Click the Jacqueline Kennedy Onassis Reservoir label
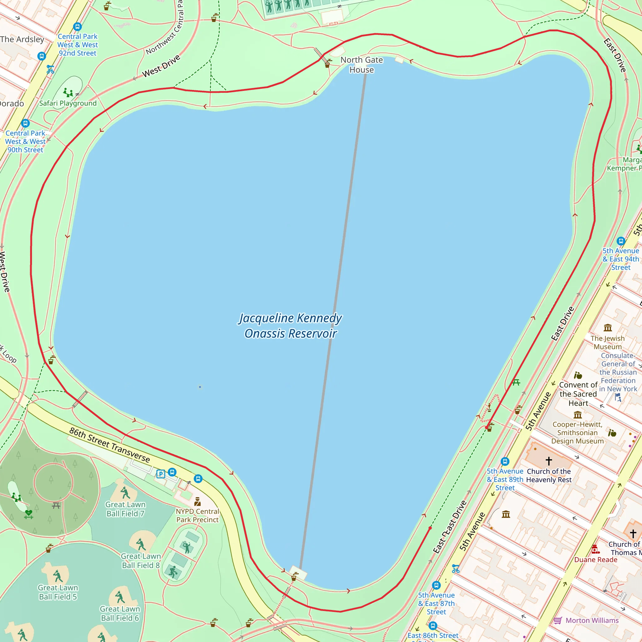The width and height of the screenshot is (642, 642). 290,326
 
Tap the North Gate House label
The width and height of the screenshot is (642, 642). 361,65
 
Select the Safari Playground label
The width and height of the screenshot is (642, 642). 68,103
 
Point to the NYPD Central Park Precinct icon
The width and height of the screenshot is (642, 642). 197,502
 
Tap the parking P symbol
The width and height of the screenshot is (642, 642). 161,474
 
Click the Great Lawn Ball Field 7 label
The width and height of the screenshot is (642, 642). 125,509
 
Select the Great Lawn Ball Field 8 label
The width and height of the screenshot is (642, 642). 141,560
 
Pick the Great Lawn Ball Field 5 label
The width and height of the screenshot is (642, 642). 58,592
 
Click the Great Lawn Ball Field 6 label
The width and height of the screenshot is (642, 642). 120,613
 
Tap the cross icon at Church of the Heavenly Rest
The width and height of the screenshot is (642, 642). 549,461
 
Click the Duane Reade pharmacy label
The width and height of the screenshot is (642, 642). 596,560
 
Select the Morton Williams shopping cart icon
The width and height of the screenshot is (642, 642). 558,620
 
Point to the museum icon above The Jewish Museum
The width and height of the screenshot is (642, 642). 608,328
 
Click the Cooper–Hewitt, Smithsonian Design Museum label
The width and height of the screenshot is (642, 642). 577,433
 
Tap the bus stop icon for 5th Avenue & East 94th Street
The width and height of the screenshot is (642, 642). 621,241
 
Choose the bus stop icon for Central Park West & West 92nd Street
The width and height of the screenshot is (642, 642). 77,27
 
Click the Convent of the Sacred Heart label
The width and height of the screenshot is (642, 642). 578,394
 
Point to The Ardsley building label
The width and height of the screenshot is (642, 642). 22,39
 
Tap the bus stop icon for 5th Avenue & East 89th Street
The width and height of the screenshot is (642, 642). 505,461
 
